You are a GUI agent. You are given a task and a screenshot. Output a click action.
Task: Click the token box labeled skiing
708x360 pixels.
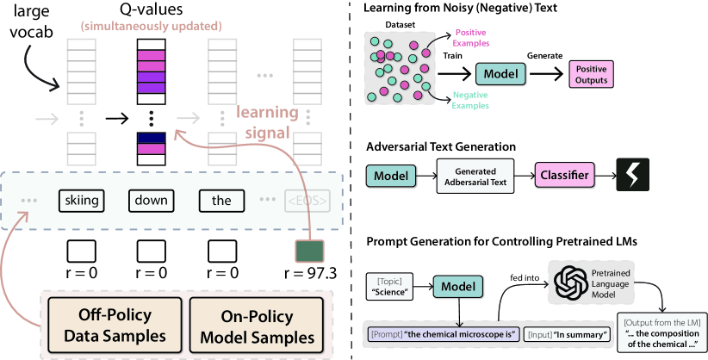[x=83, y=202]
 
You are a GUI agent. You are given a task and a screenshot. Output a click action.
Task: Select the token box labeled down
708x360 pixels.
[x=150, y=202]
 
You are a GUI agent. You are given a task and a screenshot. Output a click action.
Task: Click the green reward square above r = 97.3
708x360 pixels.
[x=307, y=250]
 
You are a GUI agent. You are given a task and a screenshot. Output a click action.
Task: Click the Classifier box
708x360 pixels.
[x=564, y=176]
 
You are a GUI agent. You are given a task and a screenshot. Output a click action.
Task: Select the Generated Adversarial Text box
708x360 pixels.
[x=475, y=176]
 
